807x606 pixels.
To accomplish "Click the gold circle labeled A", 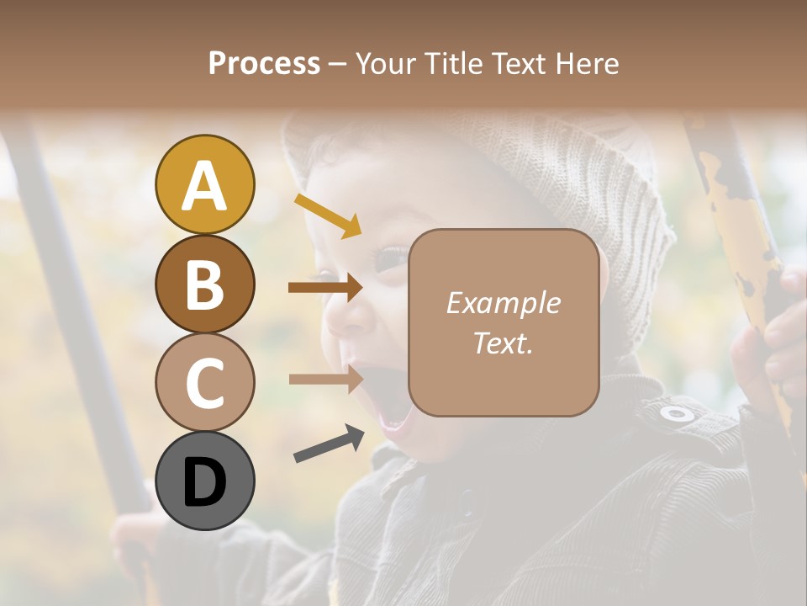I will coord(204,184).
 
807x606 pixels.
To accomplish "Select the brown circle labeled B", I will coord(204,284).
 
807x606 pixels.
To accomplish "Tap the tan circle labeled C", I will coord(204,382).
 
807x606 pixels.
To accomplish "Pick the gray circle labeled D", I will coord(204,481).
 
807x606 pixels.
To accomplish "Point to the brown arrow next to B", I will coord(325,288).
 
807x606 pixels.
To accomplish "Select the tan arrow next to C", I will coord(325,379).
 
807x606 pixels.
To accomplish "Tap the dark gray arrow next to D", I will coord(329,445).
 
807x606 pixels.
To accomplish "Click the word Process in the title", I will coord(264,63).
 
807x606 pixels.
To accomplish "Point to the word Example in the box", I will coord(503,303).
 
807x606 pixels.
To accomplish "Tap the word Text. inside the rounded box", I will coord(503,343).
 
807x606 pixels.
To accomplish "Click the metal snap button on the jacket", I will coord(677,413).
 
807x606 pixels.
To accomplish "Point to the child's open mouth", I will coord(387,404).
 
